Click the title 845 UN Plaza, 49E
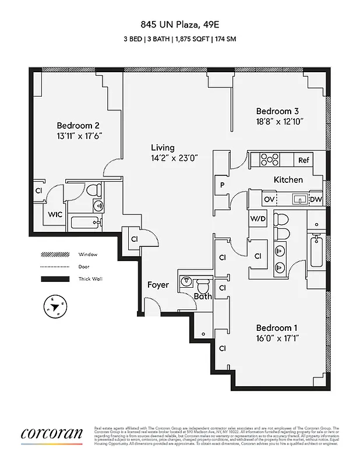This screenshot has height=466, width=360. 179,24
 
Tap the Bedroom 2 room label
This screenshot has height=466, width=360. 78,125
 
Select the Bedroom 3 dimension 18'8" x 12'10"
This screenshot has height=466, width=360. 279,122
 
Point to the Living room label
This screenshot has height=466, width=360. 163,147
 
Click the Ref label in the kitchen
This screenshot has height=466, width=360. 303,160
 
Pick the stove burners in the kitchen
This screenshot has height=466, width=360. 270,158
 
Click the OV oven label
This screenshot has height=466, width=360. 269,199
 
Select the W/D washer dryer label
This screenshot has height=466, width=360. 257,218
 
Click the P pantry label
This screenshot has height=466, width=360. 222,185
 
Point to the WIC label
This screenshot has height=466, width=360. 55,214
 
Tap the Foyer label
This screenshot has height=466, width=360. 158,285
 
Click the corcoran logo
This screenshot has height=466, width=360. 52,435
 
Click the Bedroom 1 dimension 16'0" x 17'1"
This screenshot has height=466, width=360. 277,338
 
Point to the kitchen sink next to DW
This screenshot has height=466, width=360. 299,199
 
